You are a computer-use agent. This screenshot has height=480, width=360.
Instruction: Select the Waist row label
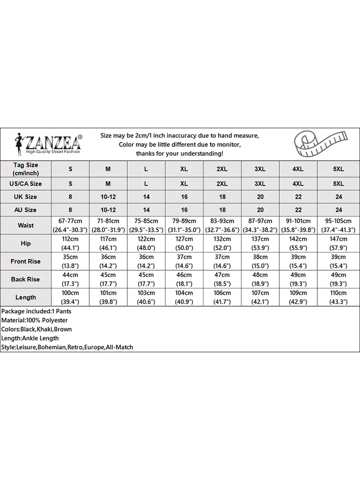[25, 225]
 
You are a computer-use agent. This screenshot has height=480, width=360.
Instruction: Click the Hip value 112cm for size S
[70, 243]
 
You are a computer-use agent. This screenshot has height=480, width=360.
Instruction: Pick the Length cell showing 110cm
[338, 297]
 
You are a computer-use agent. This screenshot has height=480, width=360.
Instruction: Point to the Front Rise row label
[25, 262]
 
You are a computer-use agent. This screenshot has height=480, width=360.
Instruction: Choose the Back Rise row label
[25, 279]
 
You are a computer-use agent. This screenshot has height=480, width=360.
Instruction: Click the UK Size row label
[25, 197]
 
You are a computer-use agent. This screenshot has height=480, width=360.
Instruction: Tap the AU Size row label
[25, 210]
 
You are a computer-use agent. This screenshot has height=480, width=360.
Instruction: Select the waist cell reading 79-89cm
[184, 225]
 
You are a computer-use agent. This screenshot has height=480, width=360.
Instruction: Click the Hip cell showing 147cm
[338, 243]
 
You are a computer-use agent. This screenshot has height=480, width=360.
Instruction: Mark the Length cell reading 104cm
[184, 297]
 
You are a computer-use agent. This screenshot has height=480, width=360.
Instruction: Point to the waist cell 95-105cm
[338, 225]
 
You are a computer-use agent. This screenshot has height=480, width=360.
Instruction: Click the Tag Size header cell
[25, 168]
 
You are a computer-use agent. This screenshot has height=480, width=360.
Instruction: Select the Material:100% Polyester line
[35, 320]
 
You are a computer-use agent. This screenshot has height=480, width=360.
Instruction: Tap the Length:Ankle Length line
[30, 338]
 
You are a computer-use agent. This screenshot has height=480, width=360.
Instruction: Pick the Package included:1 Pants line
[36, 311]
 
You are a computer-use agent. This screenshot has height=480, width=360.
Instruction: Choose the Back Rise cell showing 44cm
[70, 279]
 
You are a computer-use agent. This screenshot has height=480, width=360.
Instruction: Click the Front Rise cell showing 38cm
[260, 262]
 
